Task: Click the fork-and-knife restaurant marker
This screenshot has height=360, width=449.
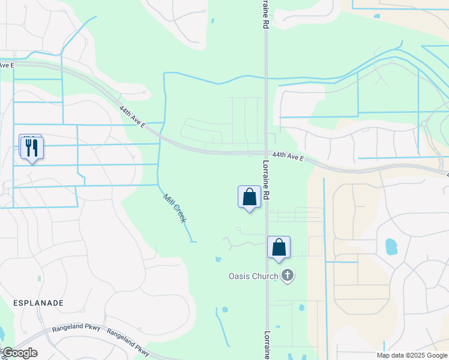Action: pyautogui.click(x=32, y=147)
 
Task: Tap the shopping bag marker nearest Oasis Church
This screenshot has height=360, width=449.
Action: pyautogui.click(x=279, y=247)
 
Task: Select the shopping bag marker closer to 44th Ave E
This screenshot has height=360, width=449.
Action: pyautogui.click(x=249, y=197)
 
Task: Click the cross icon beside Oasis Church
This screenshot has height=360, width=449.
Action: pyautogui.click(x=288, y=276)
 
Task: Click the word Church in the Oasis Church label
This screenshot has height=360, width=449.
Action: pyautogui.click(x=265, y=277)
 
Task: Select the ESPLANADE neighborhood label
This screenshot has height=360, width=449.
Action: pyautogui.click(x=38, y=303)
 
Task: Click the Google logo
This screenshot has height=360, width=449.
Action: pyautogui.click(x=19, y=353)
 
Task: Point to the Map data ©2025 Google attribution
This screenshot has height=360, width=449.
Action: pyautogui.click(x=412, y=355)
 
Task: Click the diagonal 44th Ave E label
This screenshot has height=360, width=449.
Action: pyautogui.click(x=133, y=118)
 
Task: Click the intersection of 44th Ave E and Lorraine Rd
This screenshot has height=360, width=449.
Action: pyautogui.click(x=266, y=152)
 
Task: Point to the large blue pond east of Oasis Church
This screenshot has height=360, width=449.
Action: pyautogui.click(x=391, y=246)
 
